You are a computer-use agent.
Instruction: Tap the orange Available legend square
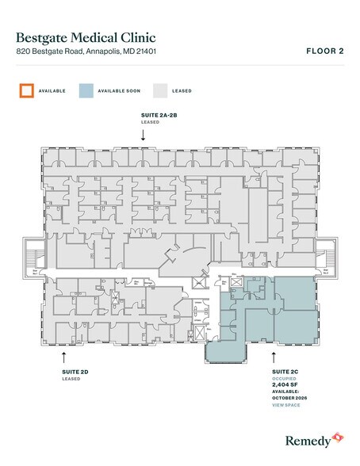click(x=26, y=90)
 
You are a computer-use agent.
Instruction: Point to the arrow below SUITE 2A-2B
click(x=143, y=135)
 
